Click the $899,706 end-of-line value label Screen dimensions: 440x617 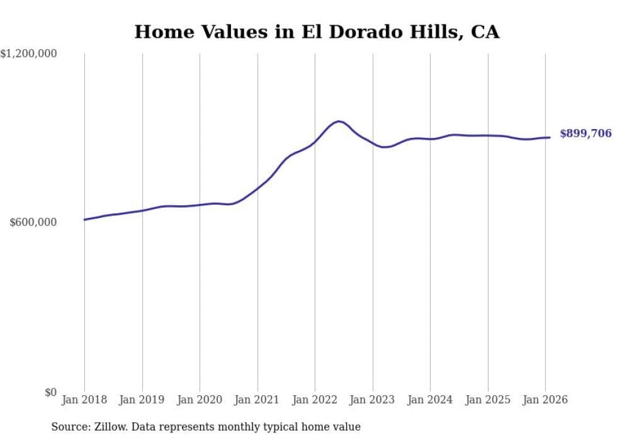586,133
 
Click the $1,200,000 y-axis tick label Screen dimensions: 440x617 29,54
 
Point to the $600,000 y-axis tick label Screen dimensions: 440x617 33,222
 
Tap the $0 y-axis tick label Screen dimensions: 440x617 50,392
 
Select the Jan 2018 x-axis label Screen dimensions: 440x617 84,400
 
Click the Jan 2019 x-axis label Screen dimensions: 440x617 142,400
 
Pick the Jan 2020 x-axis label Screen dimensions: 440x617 200,400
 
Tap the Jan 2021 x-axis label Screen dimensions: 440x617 258,400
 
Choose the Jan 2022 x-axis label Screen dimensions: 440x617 315,400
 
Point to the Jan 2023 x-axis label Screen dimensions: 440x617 373,400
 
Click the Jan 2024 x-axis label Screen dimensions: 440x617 430,400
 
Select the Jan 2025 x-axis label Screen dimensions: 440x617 488,400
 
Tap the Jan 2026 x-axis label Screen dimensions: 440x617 545,400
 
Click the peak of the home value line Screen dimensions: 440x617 339,121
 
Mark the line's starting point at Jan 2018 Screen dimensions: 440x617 84,220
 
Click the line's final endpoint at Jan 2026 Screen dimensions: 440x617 550,137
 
